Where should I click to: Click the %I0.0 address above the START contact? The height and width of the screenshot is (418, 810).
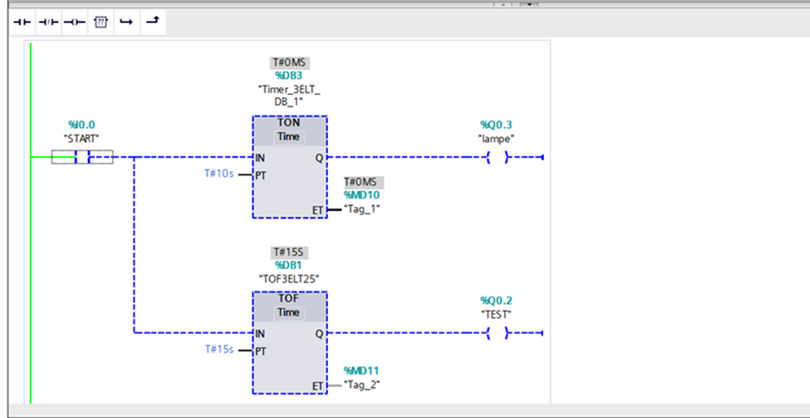click(x=81, y=125)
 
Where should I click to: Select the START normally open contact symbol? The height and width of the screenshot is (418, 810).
click(x=82, y=157)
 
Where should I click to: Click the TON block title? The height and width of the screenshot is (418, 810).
click(x=289, y=124)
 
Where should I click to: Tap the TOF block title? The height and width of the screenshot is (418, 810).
click(x=289, y=298)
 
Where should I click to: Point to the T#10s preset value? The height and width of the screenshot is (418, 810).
click(x=219, y=174)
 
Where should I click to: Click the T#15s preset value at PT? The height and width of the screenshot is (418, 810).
click(x=219, y=349)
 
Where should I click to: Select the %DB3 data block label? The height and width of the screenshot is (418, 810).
click(x=289, y=76)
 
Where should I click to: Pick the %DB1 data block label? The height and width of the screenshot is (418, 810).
click(x=289, y=266)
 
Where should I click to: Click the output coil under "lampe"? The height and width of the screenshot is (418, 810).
click(x=498, y=157)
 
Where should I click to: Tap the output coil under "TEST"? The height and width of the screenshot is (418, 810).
click(x=498, y=333)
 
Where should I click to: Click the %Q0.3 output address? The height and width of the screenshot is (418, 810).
click(x=496, y=125)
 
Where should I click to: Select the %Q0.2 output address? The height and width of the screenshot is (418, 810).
click(x=496, y=301)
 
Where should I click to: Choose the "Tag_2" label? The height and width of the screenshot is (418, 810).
click(x=362, y=385)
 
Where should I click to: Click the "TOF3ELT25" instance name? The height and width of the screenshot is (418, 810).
click(x=289, y=279)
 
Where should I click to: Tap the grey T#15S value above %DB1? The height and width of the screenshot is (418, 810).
click(x=290, y=253)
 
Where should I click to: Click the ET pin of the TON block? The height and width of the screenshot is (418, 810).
click(x=317, y=209)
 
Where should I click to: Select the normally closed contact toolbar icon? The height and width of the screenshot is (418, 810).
click(x=48, y=22)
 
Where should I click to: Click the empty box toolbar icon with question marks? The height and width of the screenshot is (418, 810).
click(x=101, y=22)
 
